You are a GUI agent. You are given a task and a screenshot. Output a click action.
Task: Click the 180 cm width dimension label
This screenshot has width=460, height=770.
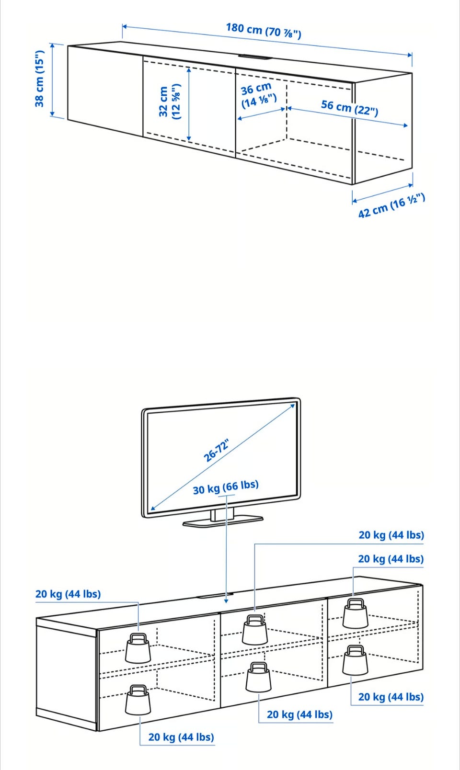tap(264, 31)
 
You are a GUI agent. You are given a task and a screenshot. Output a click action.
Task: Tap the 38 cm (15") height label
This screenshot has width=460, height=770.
tap(40, 79)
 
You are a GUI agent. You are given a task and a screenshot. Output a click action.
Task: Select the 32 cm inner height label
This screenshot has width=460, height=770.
tap(170, 102)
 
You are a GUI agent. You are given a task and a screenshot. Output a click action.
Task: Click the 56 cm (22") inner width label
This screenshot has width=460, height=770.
tap(350, 108)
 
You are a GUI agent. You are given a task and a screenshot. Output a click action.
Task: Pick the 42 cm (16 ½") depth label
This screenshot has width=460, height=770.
tap(391, 205)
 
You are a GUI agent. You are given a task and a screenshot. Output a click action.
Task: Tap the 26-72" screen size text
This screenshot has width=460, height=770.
tap(217, 450)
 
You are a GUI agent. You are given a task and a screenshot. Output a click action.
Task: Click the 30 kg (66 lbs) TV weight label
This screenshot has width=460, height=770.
tap(226, 487)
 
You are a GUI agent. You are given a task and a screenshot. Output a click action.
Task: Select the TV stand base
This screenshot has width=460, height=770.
tap(223, 521)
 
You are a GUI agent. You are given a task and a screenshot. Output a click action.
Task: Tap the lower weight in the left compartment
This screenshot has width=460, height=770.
tap(138, 700)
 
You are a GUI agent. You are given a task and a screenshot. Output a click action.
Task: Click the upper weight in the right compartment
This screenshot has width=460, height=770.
tap(356, 613)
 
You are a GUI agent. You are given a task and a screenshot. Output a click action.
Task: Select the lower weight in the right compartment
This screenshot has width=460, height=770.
tap(356, 660)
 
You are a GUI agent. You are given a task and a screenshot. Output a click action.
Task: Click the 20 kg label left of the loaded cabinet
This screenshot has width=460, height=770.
tap(68, 594)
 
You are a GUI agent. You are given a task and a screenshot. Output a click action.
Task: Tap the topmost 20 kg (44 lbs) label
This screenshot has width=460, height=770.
tap(391, 535)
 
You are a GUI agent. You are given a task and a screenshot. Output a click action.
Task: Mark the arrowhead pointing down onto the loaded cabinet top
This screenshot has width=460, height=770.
tap(226, 600)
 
